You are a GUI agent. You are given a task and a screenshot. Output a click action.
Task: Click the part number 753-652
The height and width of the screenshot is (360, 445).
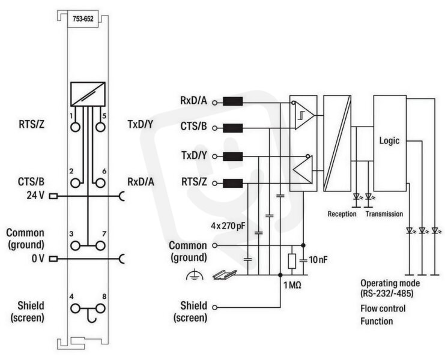[x=83, y=19]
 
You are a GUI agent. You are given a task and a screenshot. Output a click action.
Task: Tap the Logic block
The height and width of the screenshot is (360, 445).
[x=390, y=143]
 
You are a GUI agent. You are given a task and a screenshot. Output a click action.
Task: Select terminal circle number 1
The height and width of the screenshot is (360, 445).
[x=75, y=127]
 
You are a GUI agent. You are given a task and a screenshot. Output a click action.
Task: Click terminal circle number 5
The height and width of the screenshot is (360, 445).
[x=100, y=127]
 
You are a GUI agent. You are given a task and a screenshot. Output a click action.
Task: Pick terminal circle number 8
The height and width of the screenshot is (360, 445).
[x=100, y=308]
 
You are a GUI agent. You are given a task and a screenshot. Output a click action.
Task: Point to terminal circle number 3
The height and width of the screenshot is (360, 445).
[x=75, y=246]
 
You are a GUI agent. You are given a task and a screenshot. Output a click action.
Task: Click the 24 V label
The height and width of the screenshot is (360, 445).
[x=35, y=196]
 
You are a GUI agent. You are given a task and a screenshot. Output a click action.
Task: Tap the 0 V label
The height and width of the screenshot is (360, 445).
[x=38, y=259]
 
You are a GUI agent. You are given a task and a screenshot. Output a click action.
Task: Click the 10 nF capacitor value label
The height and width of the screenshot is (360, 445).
[x=318, y=259]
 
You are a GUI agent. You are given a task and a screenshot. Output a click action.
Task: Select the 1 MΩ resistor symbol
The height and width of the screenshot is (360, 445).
[x=292, y=261]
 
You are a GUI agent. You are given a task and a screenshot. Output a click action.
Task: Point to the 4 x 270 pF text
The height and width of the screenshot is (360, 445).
[x=228, y=226]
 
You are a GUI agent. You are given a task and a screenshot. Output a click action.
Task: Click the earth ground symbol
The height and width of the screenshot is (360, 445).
[x=195, y=275]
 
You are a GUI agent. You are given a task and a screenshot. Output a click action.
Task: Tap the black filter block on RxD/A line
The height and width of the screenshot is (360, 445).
[x=233, y=101]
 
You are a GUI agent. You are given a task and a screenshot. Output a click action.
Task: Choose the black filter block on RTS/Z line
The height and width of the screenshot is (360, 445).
[x=233, y=183]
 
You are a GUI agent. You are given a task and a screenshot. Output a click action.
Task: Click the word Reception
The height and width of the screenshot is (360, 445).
[x=342, y=214]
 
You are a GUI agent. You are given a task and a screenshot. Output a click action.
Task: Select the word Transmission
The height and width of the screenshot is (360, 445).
[x=384, y=214]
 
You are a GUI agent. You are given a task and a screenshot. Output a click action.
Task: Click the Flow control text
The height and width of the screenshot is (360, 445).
[x=383, y=308]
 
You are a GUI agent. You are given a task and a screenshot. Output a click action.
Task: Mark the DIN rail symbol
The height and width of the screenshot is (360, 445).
[x=225, y=274]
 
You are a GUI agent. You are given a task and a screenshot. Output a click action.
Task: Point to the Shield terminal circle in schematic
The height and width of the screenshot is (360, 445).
[x=215, y=307]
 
